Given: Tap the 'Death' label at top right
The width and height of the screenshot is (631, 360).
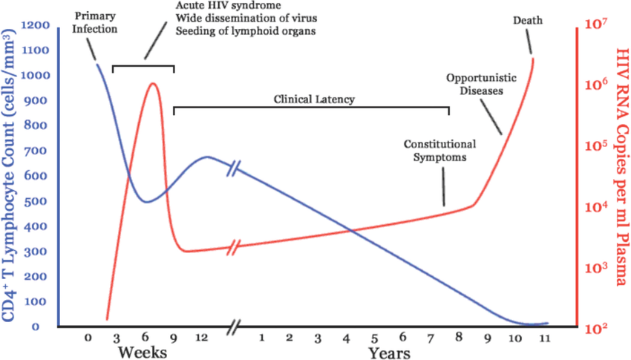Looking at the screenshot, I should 528,20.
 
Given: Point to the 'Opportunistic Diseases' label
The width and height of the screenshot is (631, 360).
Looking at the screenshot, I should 474,84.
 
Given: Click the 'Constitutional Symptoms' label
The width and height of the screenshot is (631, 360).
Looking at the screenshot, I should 439,151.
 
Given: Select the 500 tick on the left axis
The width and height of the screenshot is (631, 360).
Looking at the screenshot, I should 41,201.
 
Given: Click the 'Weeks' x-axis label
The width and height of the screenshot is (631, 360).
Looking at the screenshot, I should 142,351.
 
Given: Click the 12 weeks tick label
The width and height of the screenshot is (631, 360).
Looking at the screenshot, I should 200,338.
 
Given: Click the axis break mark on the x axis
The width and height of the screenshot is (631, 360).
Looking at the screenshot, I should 235,326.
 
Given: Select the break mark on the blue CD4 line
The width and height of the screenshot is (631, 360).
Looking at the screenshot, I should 235,168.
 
